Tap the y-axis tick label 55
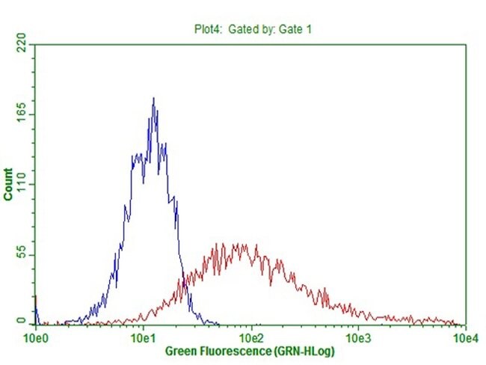[x=21, y=256]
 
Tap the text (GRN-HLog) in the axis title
[x=304, y=351]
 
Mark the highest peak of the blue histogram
[x=153, y=98]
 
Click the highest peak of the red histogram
[x=239, y=244]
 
